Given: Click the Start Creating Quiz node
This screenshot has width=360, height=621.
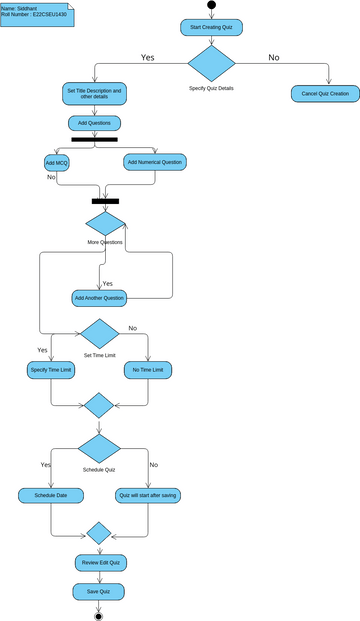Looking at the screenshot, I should click(211, 27).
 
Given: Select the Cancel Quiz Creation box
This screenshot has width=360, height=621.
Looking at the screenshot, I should click(326, 93).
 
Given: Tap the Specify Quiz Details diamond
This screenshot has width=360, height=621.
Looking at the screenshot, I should click(211, 63).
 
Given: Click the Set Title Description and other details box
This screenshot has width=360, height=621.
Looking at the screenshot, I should click(94, 94).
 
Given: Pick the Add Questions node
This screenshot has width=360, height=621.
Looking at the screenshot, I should click(94, 123).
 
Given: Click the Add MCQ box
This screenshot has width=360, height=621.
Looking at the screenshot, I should click(56, 161).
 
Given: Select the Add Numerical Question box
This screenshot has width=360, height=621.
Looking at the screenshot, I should click(155, 161).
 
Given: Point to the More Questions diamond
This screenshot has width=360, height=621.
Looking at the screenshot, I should click(106, 224).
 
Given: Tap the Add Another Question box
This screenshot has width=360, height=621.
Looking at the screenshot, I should click(99, 298).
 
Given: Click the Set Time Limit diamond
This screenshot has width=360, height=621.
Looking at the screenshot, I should click(100, 334).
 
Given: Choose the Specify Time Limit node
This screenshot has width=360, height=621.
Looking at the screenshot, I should click(51, 370).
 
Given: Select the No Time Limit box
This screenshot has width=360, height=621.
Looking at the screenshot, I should click(148, 370).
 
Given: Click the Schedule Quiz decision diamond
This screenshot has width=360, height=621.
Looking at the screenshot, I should click(99, 448).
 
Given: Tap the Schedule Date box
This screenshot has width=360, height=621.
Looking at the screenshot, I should click(51, 495).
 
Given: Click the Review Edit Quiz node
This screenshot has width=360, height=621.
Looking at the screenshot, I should click(99, 563).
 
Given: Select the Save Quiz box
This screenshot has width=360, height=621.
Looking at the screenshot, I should click(99, 592).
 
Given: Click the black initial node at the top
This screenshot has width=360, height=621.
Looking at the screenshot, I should click(211, 5).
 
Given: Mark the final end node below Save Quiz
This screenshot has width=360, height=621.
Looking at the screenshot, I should click(99, 615).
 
